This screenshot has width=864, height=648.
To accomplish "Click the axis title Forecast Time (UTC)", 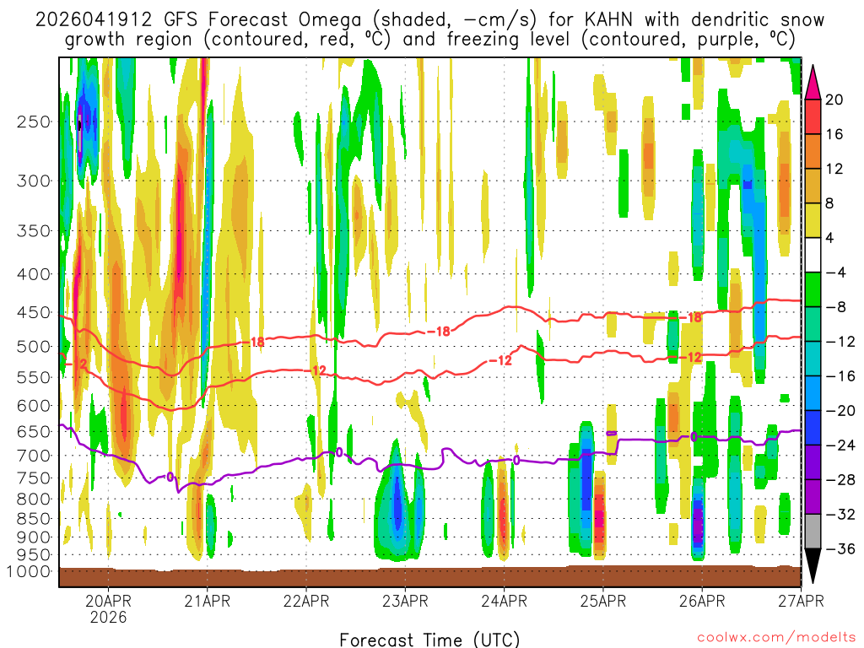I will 429,639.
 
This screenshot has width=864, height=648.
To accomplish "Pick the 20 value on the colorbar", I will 834,100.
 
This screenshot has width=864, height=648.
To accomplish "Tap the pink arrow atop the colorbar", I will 814,81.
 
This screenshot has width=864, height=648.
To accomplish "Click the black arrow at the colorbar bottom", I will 814,566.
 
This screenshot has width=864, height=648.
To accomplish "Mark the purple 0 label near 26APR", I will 694,436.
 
